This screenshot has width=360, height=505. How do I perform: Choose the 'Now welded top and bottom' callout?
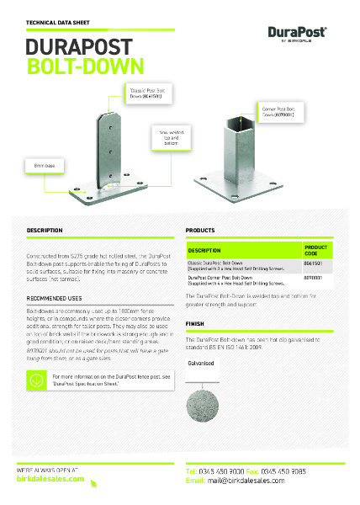coord(170,136)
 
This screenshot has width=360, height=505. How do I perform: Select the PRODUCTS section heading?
coord(201,230)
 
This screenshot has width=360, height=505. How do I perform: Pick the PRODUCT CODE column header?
coord(315,250)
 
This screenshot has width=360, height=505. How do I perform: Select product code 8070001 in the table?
coord(315,279)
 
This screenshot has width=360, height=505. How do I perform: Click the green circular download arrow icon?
coord(36,380)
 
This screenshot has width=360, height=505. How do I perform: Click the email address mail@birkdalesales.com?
coord(261,481)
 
